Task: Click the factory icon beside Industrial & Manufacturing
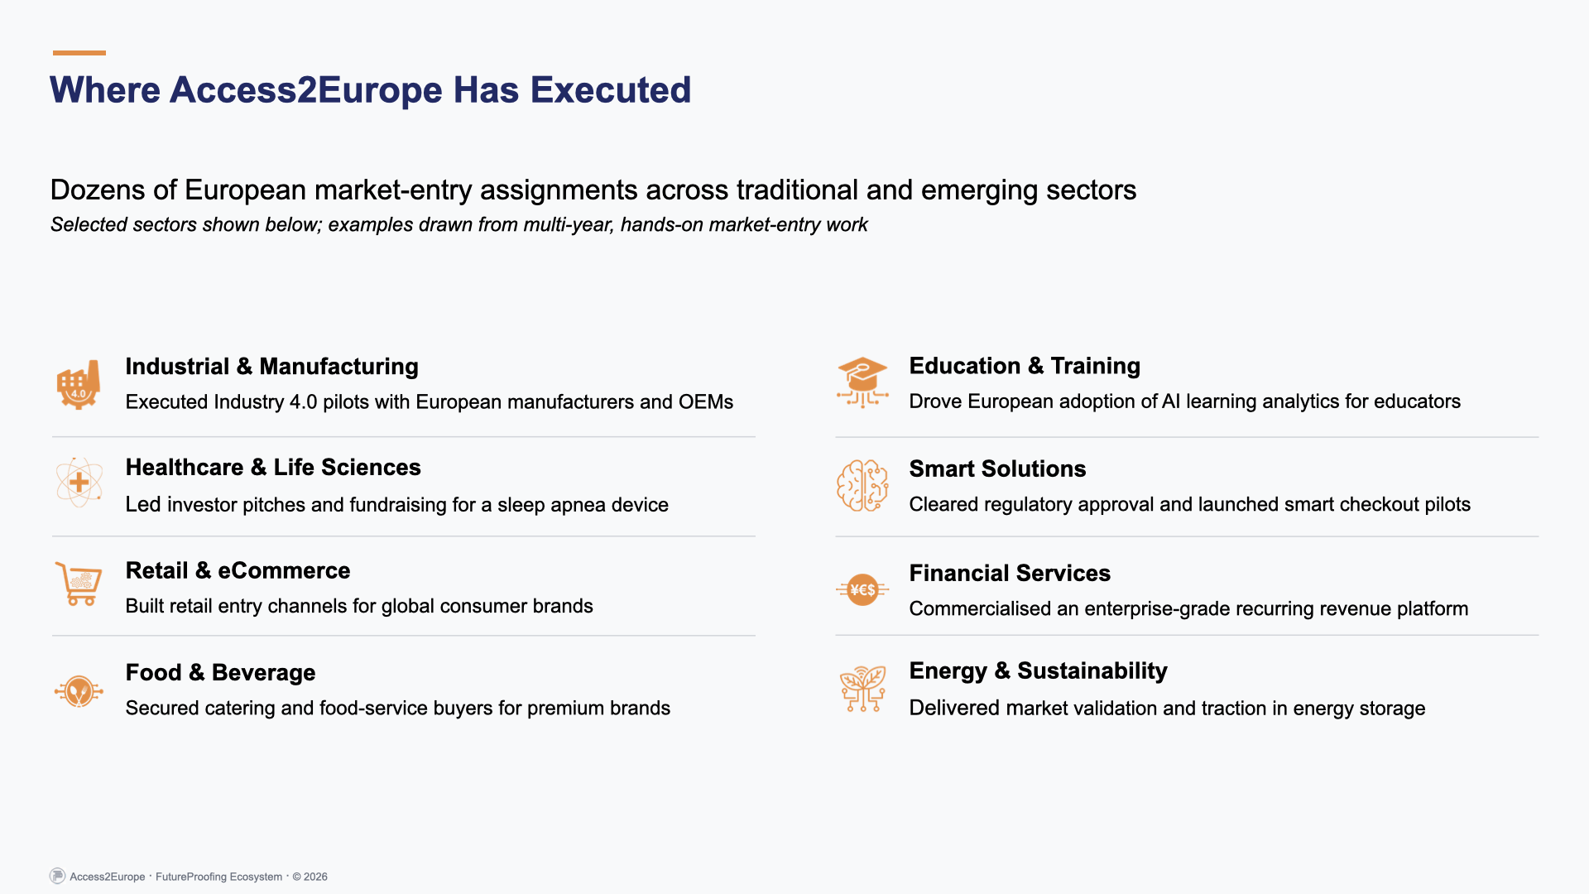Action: [79, 385]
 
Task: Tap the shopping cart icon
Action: [79, 584]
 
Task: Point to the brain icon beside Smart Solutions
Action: [862, 486]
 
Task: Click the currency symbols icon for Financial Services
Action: [862, 589]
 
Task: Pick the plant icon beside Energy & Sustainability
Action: [862, 689]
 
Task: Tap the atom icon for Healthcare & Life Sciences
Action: [79, 483]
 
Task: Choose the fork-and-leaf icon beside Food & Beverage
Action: [79, 690]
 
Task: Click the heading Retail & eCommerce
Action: [238, 570]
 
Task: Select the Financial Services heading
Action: [1010, 573]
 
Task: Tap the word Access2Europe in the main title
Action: [305, 90]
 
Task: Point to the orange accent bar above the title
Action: [79, 53]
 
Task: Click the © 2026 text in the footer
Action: [310, 877]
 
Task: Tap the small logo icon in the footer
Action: [57, 876]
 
